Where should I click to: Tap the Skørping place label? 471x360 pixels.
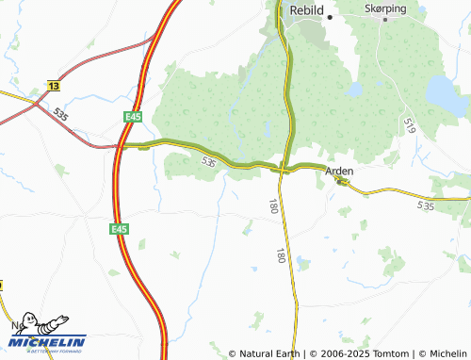[385, 8]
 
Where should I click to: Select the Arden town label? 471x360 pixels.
[340, 172]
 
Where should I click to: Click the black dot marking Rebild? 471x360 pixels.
[331, 18]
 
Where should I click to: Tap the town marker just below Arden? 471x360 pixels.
[340, 182]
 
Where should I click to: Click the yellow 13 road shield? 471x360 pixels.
[52, 85]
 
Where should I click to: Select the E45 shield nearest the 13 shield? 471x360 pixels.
[132, 116]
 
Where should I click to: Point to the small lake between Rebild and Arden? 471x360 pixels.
[353, 90]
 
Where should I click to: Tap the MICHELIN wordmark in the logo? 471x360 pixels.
[48, 342]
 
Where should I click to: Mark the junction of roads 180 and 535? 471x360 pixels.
[283, 168]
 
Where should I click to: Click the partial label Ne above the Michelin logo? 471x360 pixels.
[16, 325]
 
